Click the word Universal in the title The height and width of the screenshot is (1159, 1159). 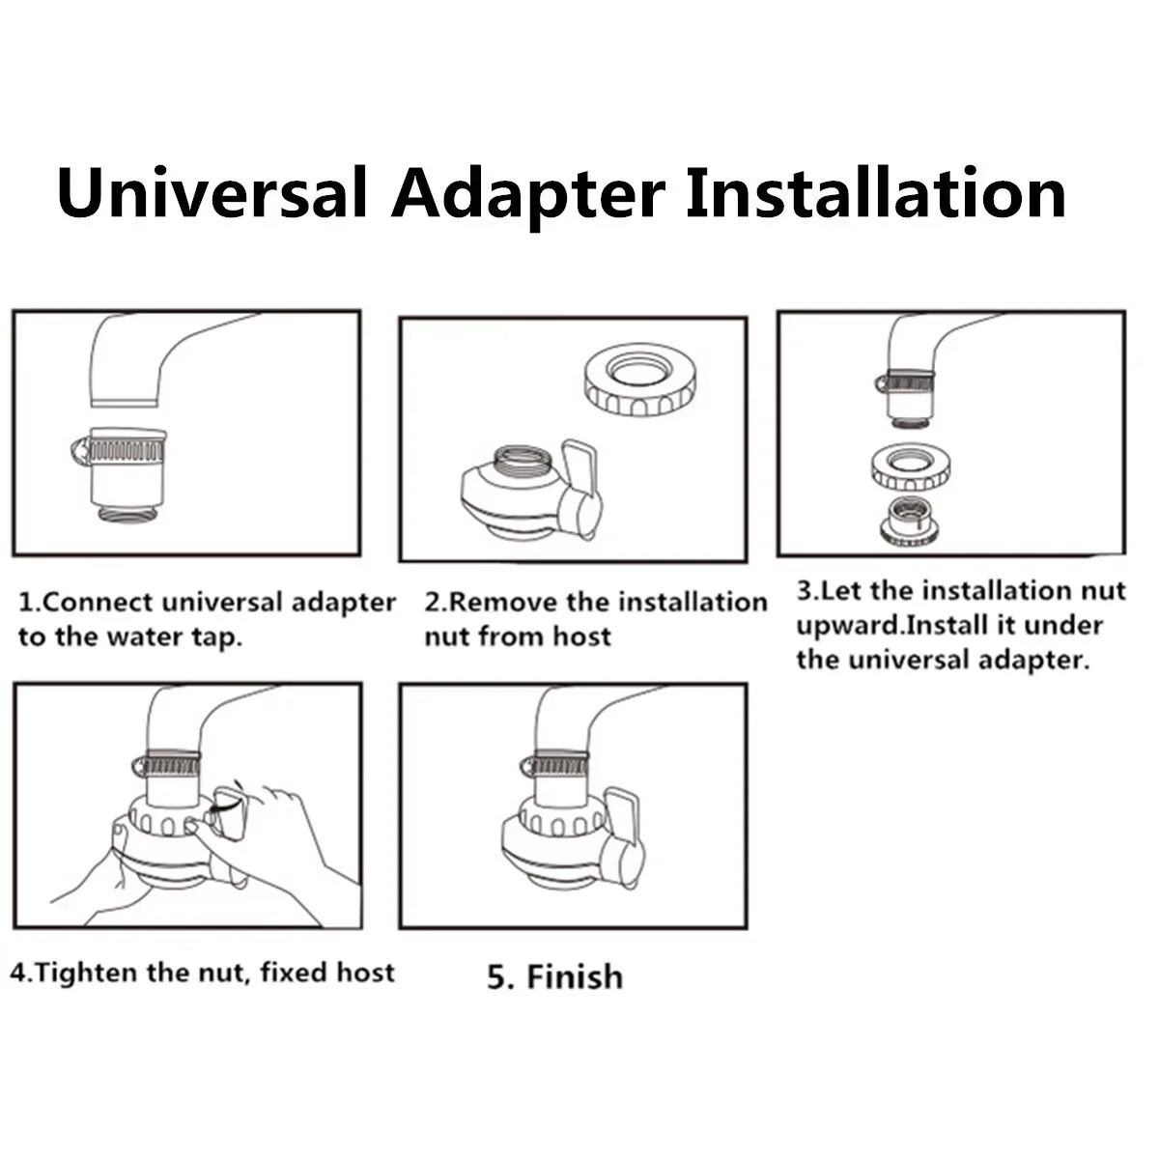212,194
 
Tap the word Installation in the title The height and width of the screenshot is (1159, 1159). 876,194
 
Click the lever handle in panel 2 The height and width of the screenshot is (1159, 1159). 581,487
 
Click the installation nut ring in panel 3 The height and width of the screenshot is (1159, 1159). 911,467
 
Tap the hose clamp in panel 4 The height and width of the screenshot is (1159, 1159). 166,764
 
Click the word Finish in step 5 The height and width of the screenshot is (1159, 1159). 575,976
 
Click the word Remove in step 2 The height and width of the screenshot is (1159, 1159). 502,602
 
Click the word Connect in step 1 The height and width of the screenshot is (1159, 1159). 99,602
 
